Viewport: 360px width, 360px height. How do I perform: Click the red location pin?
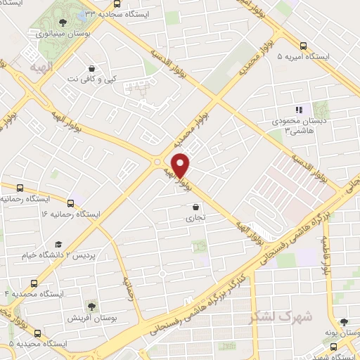point(181,165)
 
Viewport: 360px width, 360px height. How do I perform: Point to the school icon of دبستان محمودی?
point(300,110)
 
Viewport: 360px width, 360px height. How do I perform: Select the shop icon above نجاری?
point(195,207)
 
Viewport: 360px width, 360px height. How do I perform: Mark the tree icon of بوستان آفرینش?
point(91,306)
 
